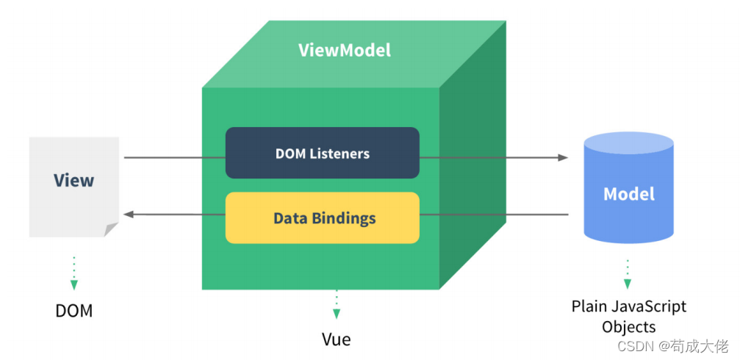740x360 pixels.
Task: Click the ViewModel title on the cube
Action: click(x=345, y=51)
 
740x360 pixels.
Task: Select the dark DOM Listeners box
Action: click(x=323, y=153)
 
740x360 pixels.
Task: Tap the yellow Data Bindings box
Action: click(x=323, y=218)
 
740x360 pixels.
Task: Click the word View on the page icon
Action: click(x=73, y=180)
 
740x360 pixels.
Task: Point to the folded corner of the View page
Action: click(x=111, y=230)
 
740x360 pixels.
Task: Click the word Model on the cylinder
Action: click(x=629, y=194)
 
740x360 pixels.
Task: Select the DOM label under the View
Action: click(x=74, y=312)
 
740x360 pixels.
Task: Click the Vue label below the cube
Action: click(x=337, y=339)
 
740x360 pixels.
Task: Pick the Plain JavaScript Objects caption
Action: click(x=629, y=317)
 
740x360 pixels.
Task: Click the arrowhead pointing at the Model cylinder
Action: click(x=563, y=157)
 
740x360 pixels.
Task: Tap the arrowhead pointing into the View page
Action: click(x=129, y=215)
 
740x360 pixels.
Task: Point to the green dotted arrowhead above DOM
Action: click(x=74, y=285)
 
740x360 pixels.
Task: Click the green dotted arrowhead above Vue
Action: click(x=337, y=314)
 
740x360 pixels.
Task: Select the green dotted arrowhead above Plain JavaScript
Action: click(x=628, y=284)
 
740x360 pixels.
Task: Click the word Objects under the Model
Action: click(x=629, y=327)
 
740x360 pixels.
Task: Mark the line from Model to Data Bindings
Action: click(x=494, y=215)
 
